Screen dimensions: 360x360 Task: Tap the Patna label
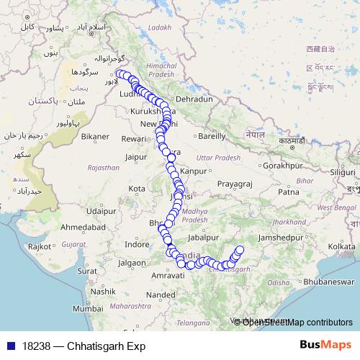coord(289,192)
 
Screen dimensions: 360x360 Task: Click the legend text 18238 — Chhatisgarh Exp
coord(84,346)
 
